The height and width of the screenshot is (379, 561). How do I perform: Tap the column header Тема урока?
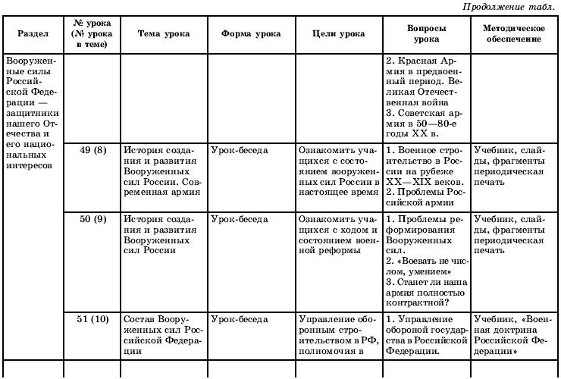click(x=163, y=34)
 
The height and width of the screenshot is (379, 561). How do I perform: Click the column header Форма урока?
click(x=251, y=34)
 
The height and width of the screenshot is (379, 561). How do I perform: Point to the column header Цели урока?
click(x=338, y=34)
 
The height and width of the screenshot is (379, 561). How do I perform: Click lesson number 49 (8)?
click(x=92, y=150)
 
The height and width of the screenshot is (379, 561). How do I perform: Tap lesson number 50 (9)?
click(x=92, y=220)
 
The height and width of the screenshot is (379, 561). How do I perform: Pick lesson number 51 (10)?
click(x=92, y=320)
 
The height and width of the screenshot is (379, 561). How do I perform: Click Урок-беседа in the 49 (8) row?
click(x=240, y=150)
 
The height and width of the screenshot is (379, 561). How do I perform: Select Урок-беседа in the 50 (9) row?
click(x=240, y=220)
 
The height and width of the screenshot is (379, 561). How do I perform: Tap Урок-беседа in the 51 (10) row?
click(x=240, y=320)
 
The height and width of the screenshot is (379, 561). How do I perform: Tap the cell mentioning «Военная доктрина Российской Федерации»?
click(x=514, y=335)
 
